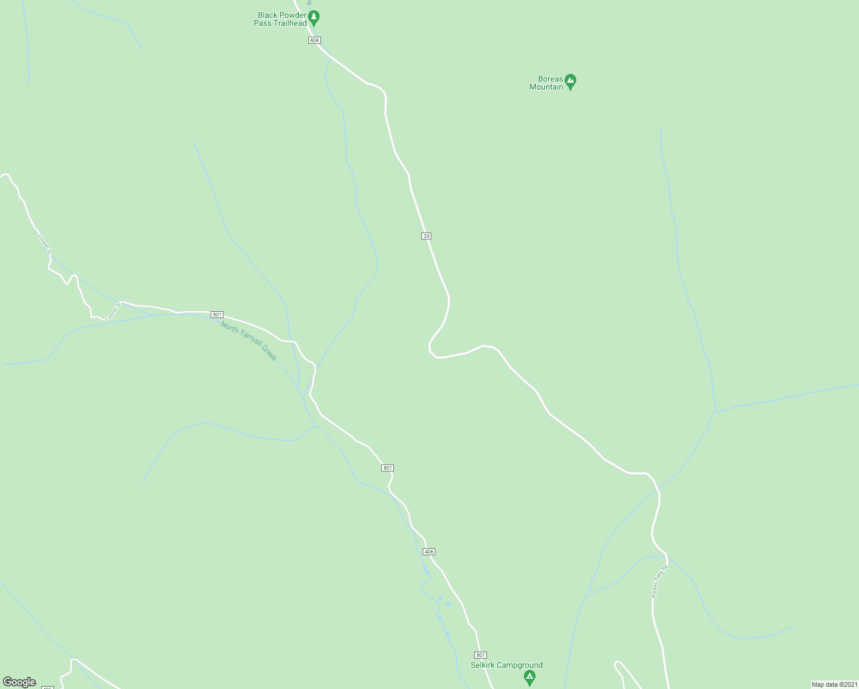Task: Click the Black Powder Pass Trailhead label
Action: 280,19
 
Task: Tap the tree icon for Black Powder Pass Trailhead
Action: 314,17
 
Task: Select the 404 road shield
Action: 314,40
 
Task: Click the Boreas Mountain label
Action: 546,83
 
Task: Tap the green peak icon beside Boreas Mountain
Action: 570,82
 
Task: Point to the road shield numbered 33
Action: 426,236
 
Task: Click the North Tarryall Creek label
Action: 249,341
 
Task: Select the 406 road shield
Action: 429,552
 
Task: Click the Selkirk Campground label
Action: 506,665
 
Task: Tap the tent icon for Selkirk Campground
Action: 529,679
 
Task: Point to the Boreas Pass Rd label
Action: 660,581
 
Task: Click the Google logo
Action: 20,682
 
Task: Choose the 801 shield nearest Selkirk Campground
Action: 481,655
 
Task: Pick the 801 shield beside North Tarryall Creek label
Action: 217,315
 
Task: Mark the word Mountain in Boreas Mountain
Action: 546,87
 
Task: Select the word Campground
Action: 520,665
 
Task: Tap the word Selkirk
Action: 483,665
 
